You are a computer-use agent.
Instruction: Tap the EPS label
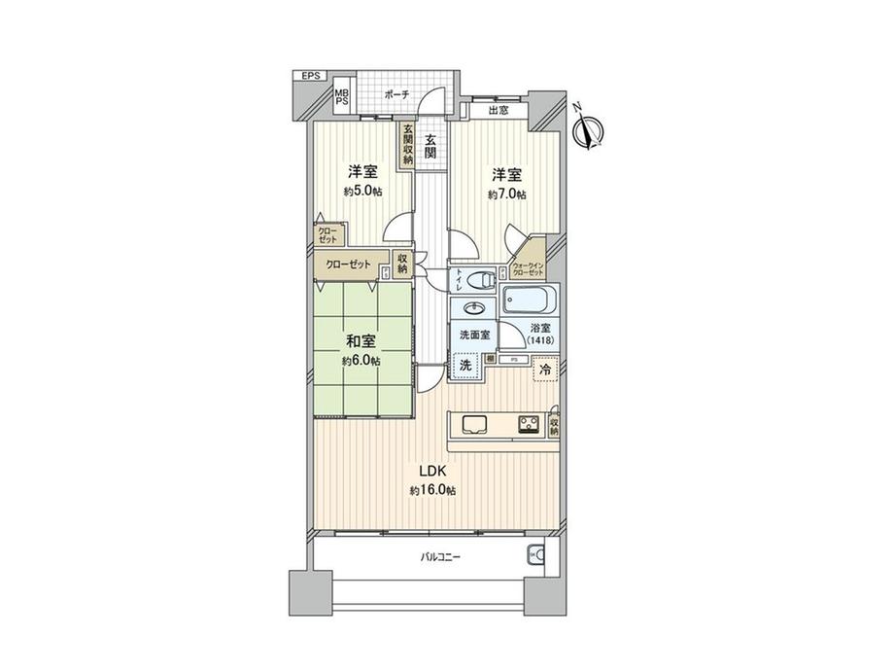[x=310, y=76]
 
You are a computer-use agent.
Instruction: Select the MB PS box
[x=342, y=99]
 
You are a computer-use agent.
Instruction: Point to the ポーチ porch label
[x=395, y=94]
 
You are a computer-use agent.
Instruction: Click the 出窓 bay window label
[x=499, y=111]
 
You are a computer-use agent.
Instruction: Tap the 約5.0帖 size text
[x=362, y=192]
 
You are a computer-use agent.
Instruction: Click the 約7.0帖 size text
[x=506, y=194]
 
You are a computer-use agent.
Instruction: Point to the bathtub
[x=530, y=298]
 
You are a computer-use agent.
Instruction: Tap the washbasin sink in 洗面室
[x=474, y=310]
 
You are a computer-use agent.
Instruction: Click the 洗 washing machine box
[x=466, y=367]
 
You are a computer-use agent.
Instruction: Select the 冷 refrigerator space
[x=546, y=371]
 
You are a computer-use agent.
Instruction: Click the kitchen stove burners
[x=529, y=423]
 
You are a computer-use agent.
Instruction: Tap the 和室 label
[x=361, y=341]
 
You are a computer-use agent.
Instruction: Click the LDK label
[x=432, y=472]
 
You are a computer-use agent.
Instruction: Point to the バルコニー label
[x=440, y=557]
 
